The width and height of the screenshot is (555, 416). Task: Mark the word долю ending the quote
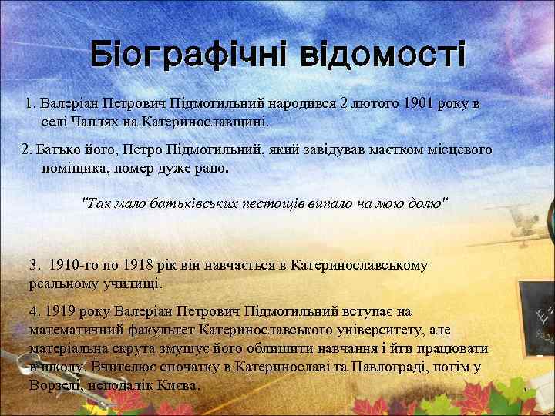coord(429,204)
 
